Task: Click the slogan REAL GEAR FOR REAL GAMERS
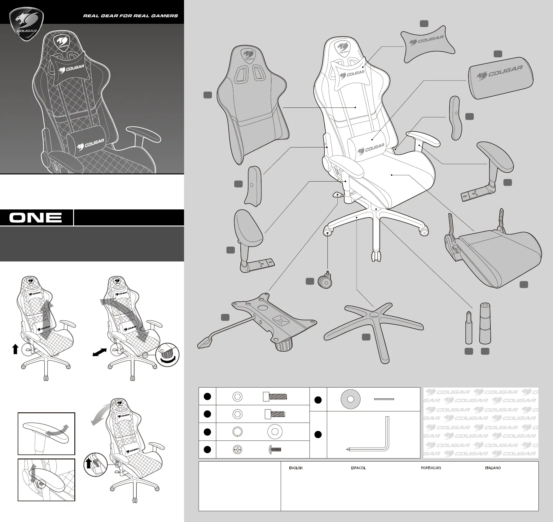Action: [130, 16]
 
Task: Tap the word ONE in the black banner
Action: [36, 217]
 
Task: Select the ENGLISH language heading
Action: [296, 468]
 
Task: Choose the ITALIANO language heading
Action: [493, 468]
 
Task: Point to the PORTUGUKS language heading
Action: [431, 468]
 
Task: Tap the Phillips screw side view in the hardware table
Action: [275, 450]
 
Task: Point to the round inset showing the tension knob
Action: [167, 355]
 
